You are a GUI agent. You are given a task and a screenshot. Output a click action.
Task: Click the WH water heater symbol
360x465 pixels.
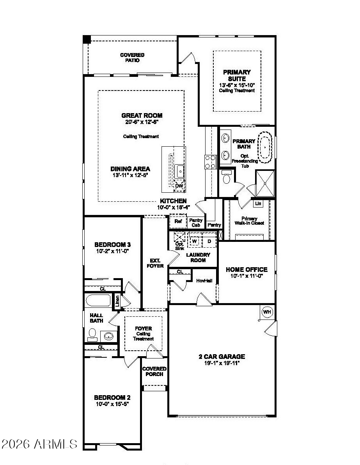pyautogui.click(x=267, y=311)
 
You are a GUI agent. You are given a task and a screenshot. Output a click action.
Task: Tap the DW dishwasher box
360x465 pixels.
pyautogui.click(x=179, y=185)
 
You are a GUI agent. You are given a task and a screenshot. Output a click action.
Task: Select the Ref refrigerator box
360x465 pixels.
pyautogui.click(x=178, y=221)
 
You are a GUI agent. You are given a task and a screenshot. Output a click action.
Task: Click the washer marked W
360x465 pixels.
pyautogui.click(x=195, y=241)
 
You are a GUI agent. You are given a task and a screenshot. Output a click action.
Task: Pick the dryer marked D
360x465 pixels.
pyautogui.click(x=209, y=241)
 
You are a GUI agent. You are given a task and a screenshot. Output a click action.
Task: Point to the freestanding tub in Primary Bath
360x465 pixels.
pyautogui.click(x=265, y=147)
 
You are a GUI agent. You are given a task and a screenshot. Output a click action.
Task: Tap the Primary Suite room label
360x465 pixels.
pyautogui.click(x=237, y=75)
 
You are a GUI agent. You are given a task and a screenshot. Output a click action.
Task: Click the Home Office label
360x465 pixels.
pyautogui.click(x=247, y=269)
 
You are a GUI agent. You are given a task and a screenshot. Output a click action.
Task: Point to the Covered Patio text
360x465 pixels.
pyautogui.click(x=132, y=58)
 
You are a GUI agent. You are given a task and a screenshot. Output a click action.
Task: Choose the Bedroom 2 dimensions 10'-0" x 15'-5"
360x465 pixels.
pyautogui.click(x=112, y=404)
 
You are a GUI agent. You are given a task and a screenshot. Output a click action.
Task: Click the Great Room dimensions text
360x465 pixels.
pyautogui.click(x=142, y=122)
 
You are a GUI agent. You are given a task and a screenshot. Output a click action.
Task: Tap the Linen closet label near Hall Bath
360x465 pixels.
pyautogui.click(x=117, y=301)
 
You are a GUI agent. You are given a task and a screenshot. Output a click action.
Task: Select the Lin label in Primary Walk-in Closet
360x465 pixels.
pyautogui.click(x=258, y=204)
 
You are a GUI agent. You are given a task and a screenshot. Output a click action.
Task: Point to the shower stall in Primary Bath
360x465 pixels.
pyautogui.click(x=265, y=183)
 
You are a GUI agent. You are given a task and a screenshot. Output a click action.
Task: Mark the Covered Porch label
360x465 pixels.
pyautogui.click(x=154, y=371)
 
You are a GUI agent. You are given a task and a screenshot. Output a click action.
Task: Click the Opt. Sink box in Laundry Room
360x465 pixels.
pyautogui.click(x=179, y=238)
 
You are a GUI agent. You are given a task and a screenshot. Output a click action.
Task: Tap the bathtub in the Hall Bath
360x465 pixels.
pyautogui.click(x=98, y=301)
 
